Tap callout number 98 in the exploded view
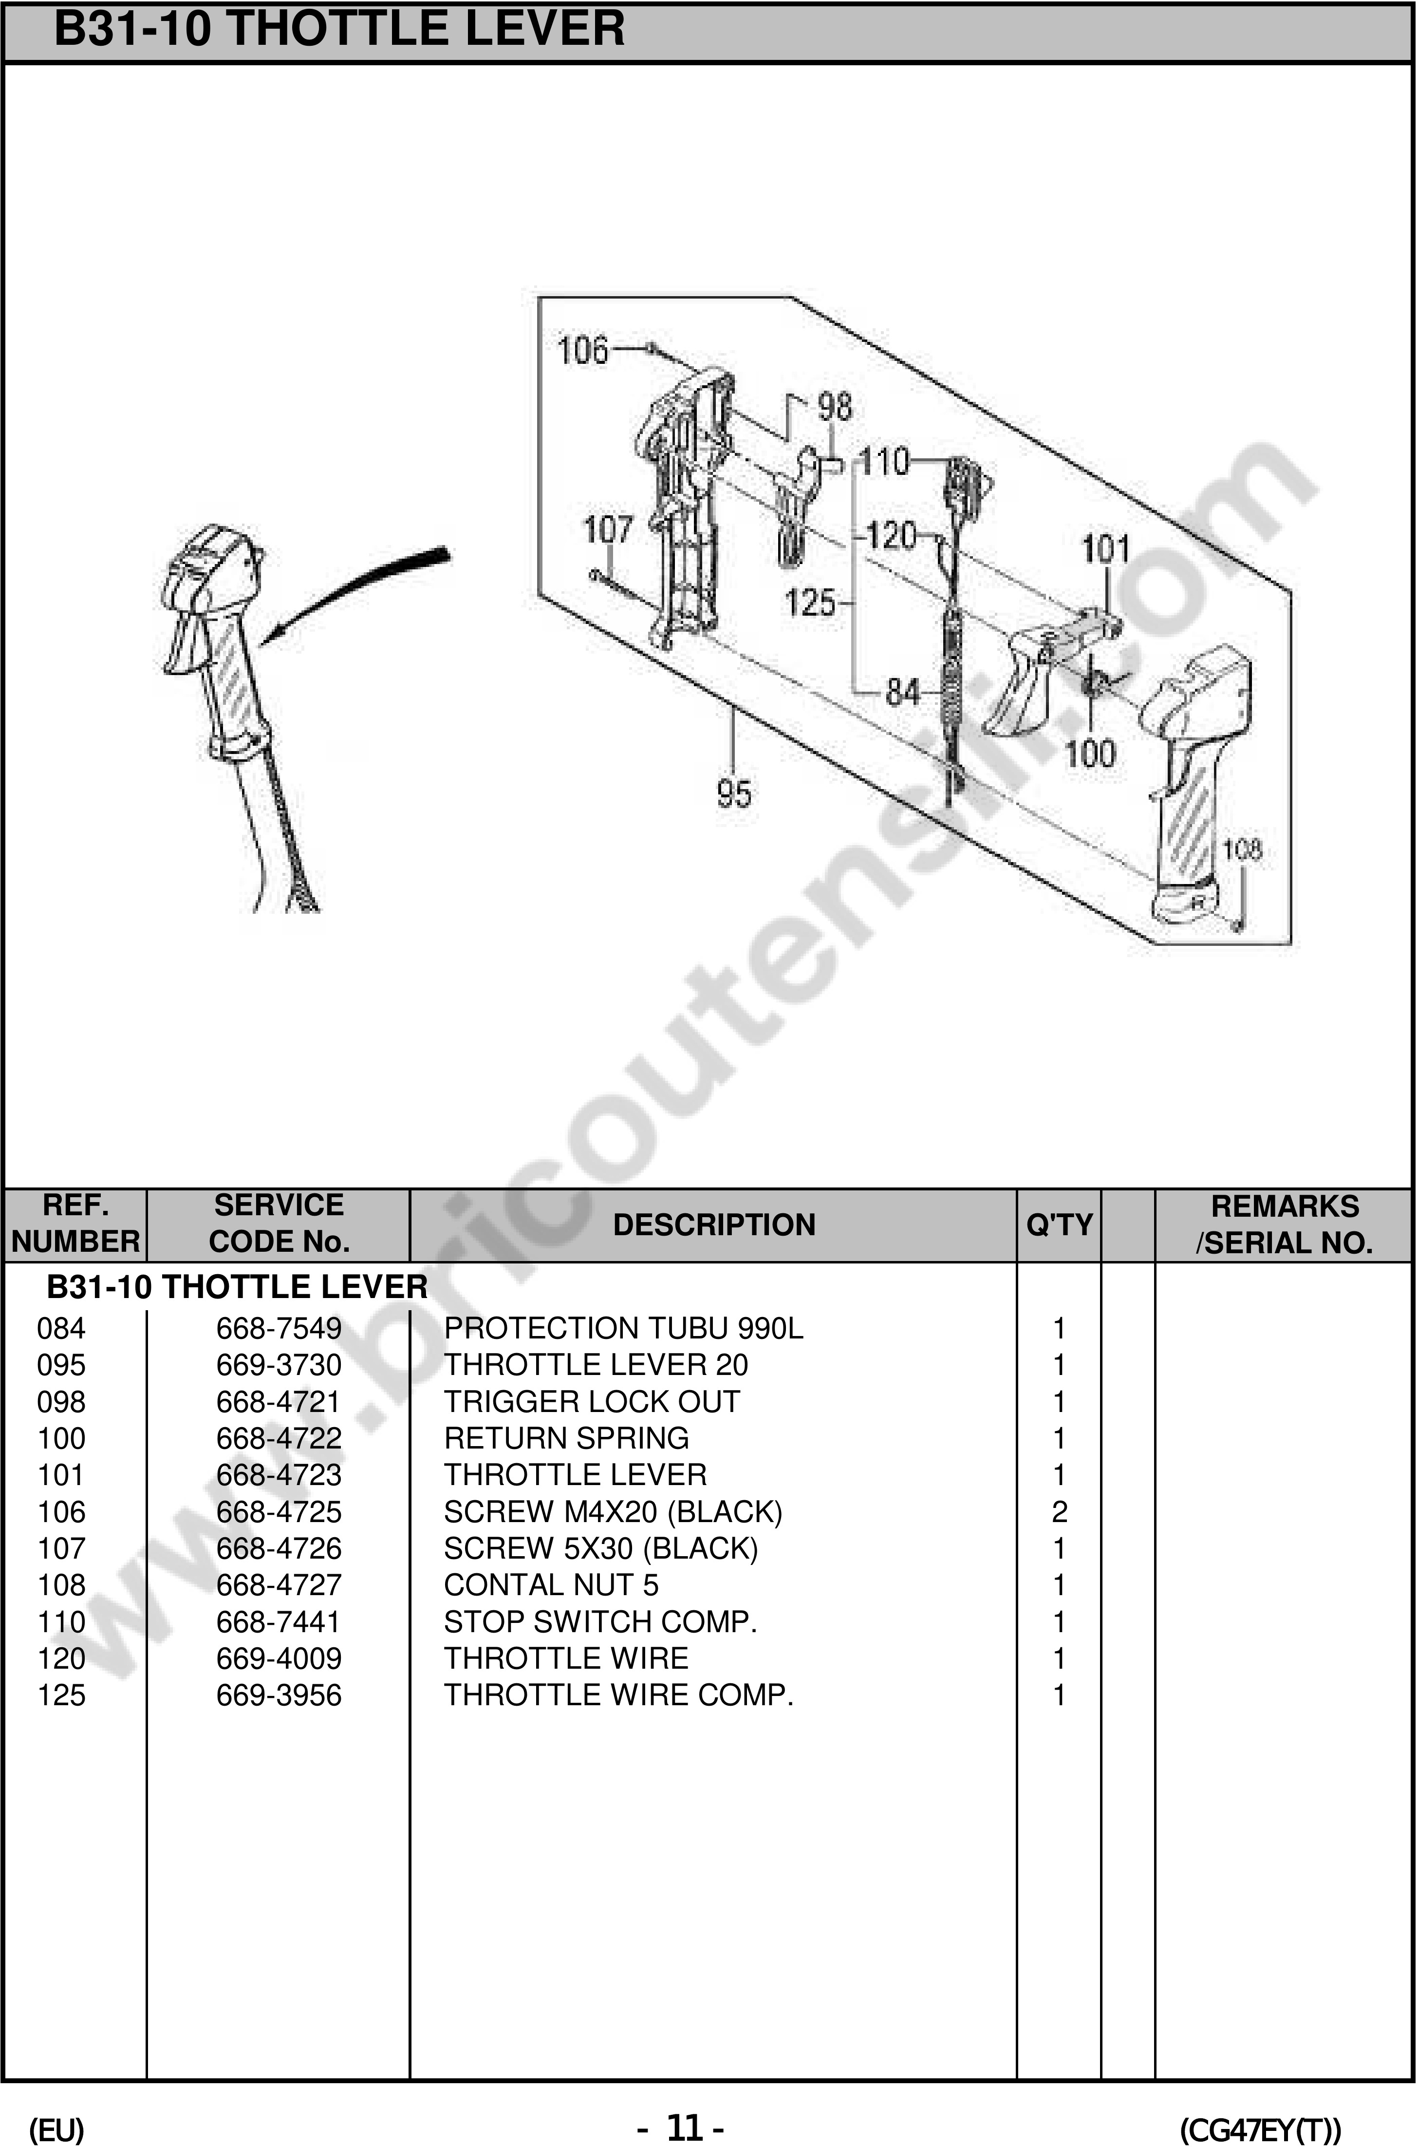834,407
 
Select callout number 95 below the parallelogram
733,794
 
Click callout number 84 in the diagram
902,693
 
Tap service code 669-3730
279,1365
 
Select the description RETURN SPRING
566,1438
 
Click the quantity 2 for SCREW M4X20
1059,1511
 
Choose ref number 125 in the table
61,1695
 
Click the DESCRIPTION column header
713,1224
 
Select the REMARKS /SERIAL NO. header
1284,1224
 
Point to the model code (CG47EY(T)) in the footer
1260,2130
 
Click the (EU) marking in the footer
56,2130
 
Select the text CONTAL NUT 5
551,1584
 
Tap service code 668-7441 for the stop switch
279,1621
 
